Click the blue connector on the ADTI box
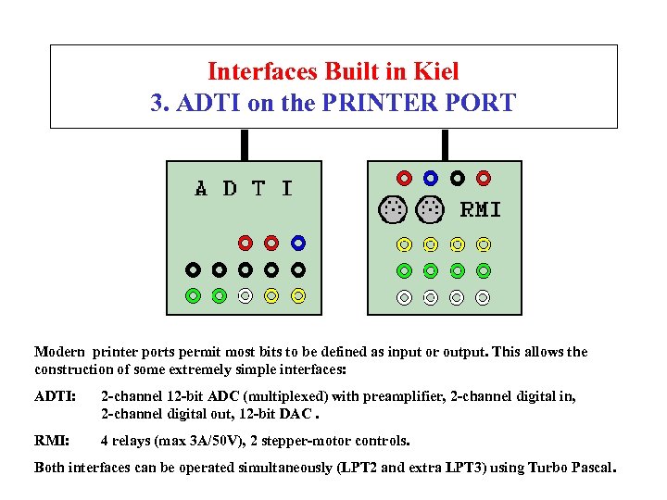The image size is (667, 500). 298,244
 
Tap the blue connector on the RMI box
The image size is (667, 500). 430,177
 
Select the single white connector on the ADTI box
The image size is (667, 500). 245,296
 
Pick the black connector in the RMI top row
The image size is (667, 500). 457,177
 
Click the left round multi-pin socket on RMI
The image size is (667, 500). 393,209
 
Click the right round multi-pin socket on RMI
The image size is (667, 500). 429,209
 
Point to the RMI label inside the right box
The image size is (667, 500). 481,210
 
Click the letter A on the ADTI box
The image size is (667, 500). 202,189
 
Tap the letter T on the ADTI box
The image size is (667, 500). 258,189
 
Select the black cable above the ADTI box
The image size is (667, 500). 245,145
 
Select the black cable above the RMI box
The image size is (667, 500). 446,145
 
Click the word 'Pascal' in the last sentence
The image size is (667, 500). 590,468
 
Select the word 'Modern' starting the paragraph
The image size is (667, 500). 59,352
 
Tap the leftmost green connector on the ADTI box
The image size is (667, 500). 193,296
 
